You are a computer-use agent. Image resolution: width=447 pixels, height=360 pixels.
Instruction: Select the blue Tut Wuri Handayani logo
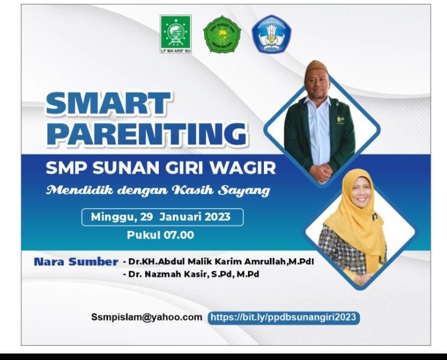(271, 34)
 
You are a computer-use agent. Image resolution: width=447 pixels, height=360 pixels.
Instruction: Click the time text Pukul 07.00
(161, 235)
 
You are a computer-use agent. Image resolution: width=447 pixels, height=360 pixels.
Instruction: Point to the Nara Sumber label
(76, 261)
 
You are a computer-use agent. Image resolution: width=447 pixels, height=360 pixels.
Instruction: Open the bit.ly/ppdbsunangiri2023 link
(283, 317)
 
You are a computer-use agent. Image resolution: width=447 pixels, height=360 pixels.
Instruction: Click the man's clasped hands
(320, 173)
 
